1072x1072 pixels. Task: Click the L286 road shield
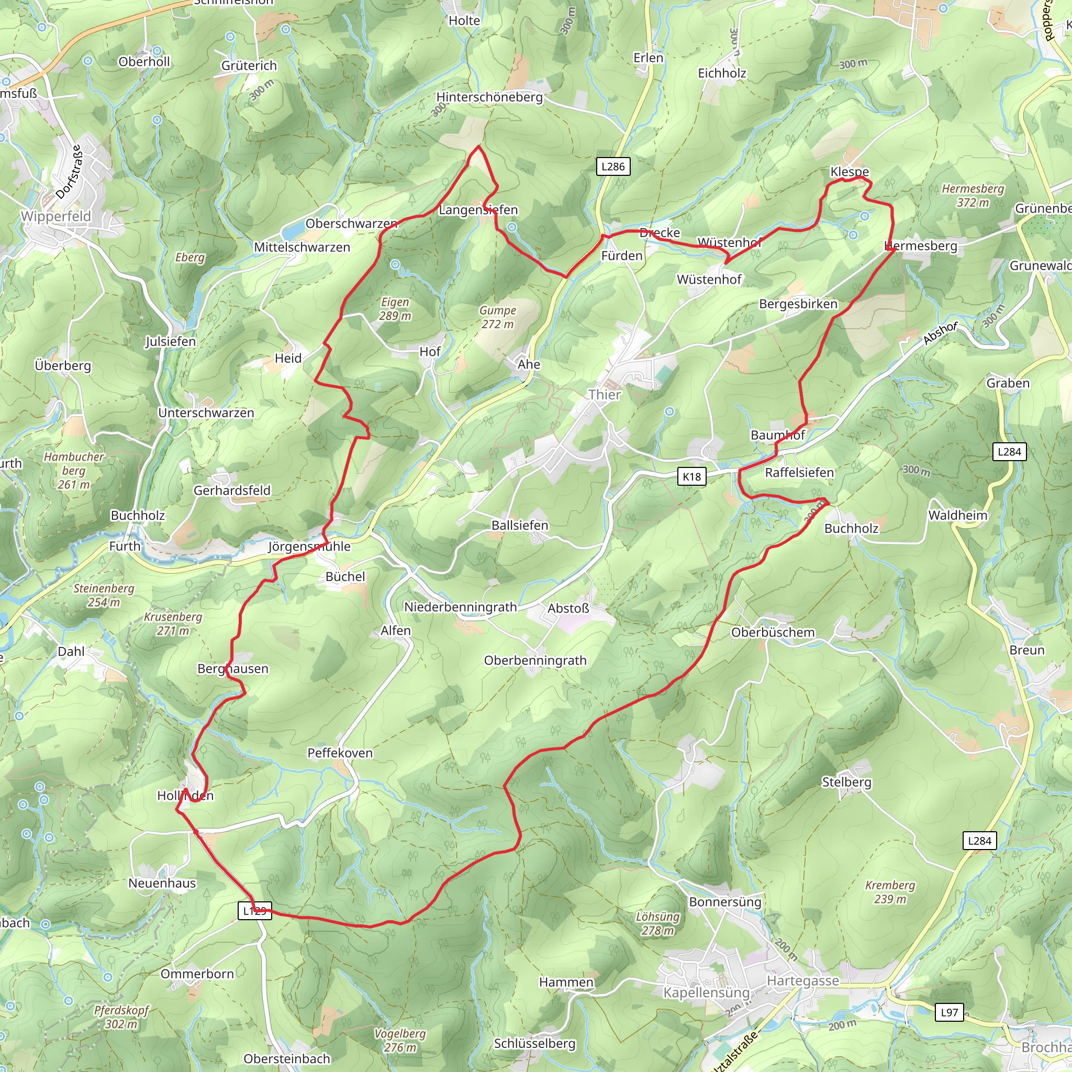point(612,166)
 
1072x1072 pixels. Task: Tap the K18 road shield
point(691,477)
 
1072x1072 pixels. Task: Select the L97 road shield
point(949,1012)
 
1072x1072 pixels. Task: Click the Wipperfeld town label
point(56,216)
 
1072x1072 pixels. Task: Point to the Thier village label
point(604,395)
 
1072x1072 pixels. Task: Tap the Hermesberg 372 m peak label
point(973,195)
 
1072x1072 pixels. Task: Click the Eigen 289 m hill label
point(395,309)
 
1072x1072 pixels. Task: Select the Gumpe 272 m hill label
point(498,317)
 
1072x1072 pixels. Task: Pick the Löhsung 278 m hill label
point(657,924)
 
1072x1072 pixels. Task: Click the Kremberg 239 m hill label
point(890,892)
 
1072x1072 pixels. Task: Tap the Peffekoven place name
point(340,753)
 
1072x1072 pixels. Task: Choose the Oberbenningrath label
point(535,660)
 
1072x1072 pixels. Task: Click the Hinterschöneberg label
point(489,97)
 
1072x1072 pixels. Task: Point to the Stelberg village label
point(846,783)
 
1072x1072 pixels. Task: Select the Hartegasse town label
point(802,980)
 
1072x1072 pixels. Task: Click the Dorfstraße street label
point(70,172)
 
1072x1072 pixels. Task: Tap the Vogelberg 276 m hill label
point(400,1041)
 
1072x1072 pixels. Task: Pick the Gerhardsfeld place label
point(232,490)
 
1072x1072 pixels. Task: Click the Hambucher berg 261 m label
point(74,471)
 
